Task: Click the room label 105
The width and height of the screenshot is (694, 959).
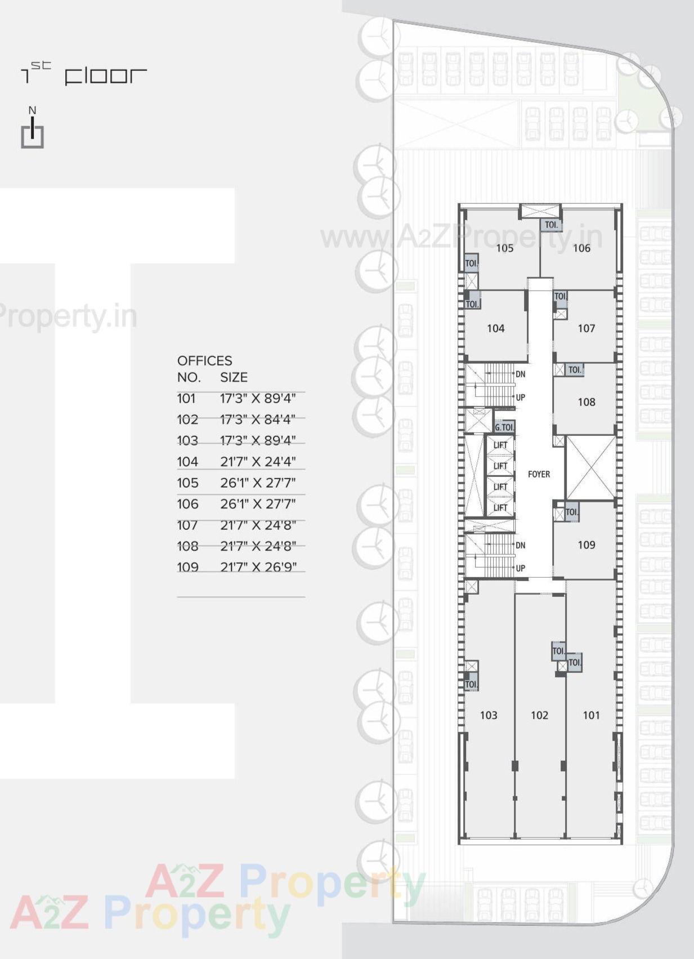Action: (504, 248)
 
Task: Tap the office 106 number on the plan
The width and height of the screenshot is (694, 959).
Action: (581, 248)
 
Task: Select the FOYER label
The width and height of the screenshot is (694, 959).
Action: (539, 474)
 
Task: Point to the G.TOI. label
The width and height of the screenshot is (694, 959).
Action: (504, 427)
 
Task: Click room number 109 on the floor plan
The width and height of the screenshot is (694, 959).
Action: (586, 545)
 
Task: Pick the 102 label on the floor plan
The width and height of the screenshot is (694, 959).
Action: (539, 715)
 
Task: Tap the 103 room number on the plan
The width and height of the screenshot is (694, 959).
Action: (489, 715)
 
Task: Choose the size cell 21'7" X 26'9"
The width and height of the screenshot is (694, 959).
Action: (258, 567)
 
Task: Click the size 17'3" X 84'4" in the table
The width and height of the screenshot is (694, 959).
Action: (258, 420)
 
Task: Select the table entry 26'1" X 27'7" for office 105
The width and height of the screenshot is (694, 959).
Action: (258, 483)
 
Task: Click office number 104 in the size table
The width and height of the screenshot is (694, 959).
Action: (187, 462)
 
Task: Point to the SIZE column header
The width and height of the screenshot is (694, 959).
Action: (234, 377)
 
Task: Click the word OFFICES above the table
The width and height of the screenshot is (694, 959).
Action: (204, 361)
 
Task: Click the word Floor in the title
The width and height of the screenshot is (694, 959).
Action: (106, 76)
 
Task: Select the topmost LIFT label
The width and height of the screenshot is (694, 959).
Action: (500, 445)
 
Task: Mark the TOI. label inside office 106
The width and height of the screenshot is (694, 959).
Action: (551, 225)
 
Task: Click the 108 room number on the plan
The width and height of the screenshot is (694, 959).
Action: (586, 402)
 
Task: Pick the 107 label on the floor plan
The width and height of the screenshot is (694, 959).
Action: (586, 328)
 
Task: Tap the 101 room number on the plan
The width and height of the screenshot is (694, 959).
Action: (591, 715)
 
